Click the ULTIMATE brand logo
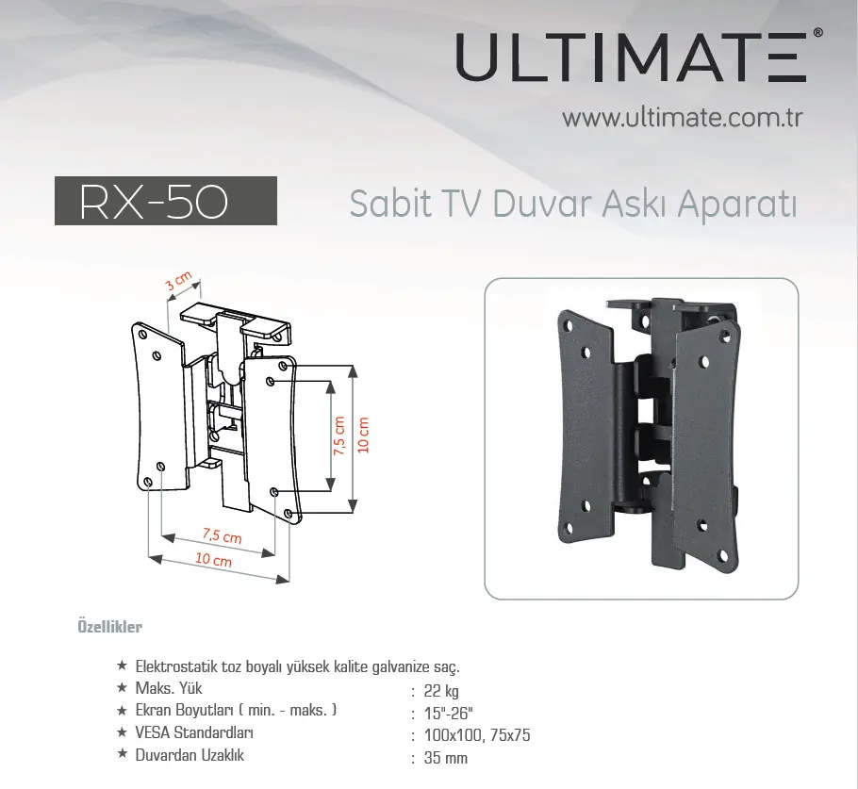point(631,57)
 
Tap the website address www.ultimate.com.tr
point(683,118)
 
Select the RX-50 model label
point(154,202)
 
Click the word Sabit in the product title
point(390,205)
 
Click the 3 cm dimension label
point(179,281)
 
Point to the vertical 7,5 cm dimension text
point(339,436)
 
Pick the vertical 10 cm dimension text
point(363,435)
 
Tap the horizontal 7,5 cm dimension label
point(222,534)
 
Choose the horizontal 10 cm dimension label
point(213,559)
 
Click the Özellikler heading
point(110,627)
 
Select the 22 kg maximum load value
point(441,691)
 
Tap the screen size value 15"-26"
point(448,714)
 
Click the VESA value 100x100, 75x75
point(477,735)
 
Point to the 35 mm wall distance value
point(446,758)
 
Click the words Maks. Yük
point(169,688)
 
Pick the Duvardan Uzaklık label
point(190,755)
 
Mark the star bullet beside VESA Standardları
point(122,731)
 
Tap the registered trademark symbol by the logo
point(818,32)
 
